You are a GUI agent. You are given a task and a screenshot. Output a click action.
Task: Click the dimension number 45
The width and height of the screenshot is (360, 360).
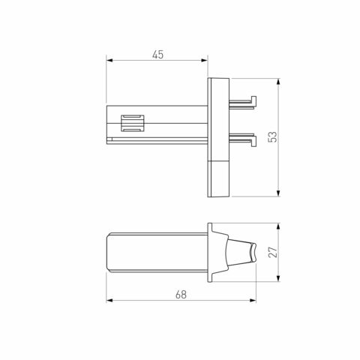coord(158,55)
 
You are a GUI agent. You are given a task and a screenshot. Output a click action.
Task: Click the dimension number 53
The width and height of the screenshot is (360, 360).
coord(272,136)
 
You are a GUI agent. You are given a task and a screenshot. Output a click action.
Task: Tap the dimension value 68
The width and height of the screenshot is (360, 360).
coord(180,295)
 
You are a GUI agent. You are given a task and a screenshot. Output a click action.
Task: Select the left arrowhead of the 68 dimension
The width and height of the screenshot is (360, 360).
coord(109,301)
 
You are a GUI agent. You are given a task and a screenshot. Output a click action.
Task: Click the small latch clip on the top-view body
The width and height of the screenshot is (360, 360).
coord(132,121)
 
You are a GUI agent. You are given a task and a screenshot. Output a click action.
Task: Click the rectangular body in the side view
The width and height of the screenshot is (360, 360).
coord(154,253)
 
